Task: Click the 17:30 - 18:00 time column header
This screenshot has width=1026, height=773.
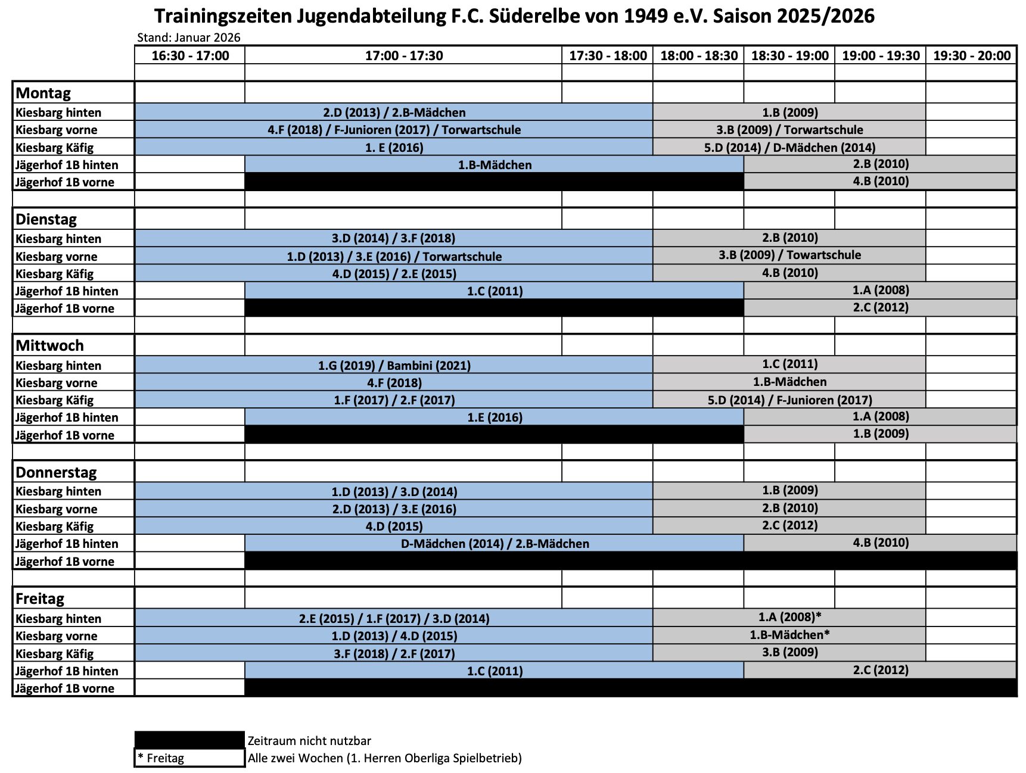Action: (608, 56)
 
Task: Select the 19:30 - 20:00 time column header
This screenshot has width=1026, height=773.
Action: (971, 56)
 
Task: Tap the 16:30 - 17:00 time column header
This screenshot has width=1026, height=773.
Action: (190, 56)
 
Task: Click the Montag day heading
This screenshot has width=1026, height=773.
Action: (43, 93)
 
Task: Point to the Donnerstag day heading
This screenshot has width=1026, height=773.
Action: (56, 472)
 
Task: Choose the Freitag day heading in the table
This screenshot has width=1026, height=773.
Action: (40, 599)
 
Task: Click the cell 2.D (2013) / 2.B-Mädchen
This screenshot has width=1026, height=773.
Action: (394, 113)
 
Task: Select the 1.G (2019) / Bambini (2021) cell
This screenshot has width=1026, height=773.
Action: (394, 366)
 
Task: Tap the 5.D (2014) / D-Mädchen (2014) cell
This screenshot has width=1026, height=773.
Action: (789, 147)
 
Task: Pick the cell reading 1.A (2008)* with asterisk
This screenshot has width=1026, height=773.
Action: (789, 618)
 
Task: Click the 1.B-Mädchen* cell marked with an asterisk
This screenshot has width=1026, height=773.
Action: (789, 635)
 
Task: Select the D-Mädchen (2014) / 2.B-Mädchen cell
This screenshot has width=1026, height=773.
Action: (495, 544)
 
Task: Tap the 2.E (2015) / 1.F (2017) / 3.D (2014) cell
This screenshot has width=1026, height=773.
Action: (394, 619)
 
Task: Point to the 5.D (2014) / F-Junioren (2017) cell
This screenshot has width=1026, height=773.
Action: (789, 400)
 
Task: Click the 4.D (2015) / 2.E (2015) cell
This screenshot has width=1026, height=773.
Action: (394, 274)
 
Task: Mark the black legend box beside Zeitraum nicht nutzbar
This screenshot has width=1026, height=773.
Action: (189, 740)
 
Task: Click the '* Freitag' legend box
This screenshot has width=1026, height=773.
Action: (189, 758)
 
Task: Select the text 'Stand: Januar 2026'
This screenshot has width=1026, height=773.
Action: (189, 38)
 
